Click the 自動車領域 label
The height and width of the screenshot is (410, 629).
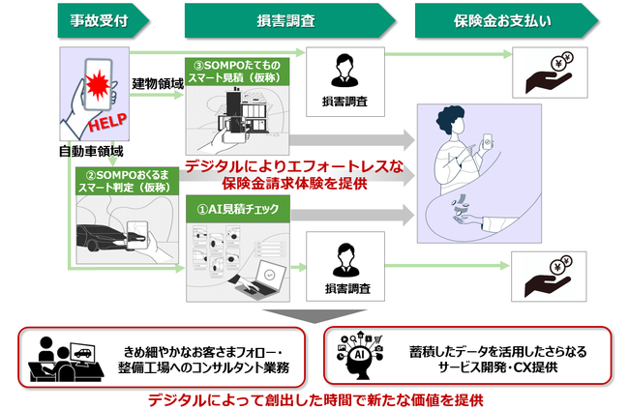coord(91,152)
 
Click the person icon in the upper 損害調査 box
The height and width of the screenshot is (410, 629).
coord(344,69)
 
